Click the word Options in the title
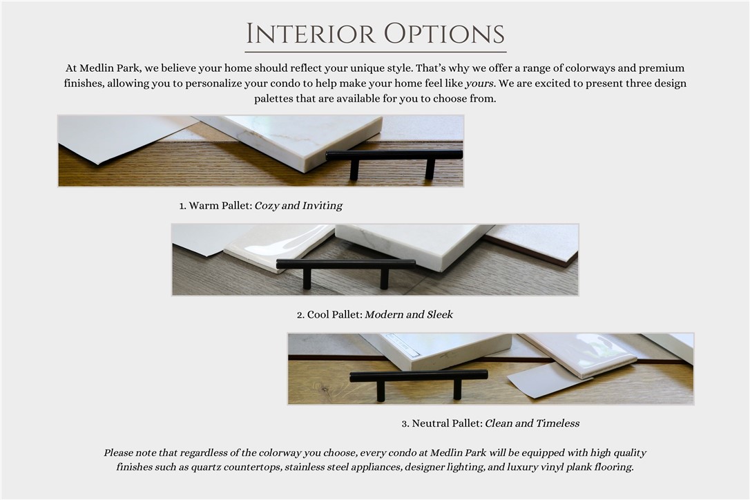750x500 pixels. point(444,34)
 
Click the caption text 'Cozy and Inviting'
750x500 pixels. point(298,206)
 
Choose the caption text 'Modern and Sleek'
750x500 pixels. point(409,315)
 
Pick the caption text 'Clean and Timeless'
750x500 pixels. point(532,423)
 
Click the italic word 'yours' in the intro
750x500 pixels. point(479,84)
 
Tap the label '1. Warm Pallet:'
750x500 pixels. point(215,206)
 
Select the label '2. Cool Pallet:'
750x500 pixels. point(329,315)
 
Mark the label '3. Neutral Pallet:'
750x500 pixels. point(442,423)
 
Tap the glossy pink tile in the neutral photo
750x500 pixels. point(579,353)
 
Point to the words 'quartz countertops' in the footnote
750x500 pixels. point(236,467)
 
